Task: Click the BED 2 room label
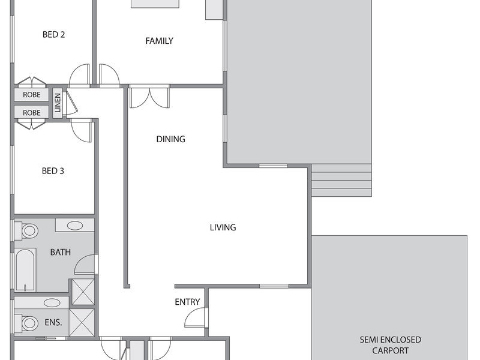tap(53, 35)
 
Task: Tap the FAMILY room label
tap(159, 41)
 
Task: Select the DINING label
tap(170, 139)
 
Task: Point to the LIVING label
tap(223, 227)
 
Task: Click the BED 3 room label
tap(53, 171)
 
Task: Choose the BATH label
tap(61, 252)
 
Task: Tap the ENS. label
tap(53, 322)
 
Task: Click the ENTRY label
tap(187, 302)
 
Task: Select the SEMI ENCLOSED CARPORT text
tap(391, 345)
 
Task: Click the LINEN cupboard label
tap(58, 103)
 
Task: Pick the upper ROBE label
tap(32, 95)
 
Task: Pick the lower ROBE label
tap(32, 113)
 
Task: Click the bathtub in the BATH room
tap(25, 270)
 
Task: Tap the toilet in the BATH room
tap(26, 231)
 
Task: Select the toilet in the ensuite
tap(26, 323)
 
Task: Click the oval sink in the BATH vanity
tap(74, 226)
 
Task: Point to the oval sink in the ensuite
tap(52, 303)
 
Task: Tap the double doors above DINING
tap(149, 98)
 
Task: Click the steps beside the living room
tap(341, 181)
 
